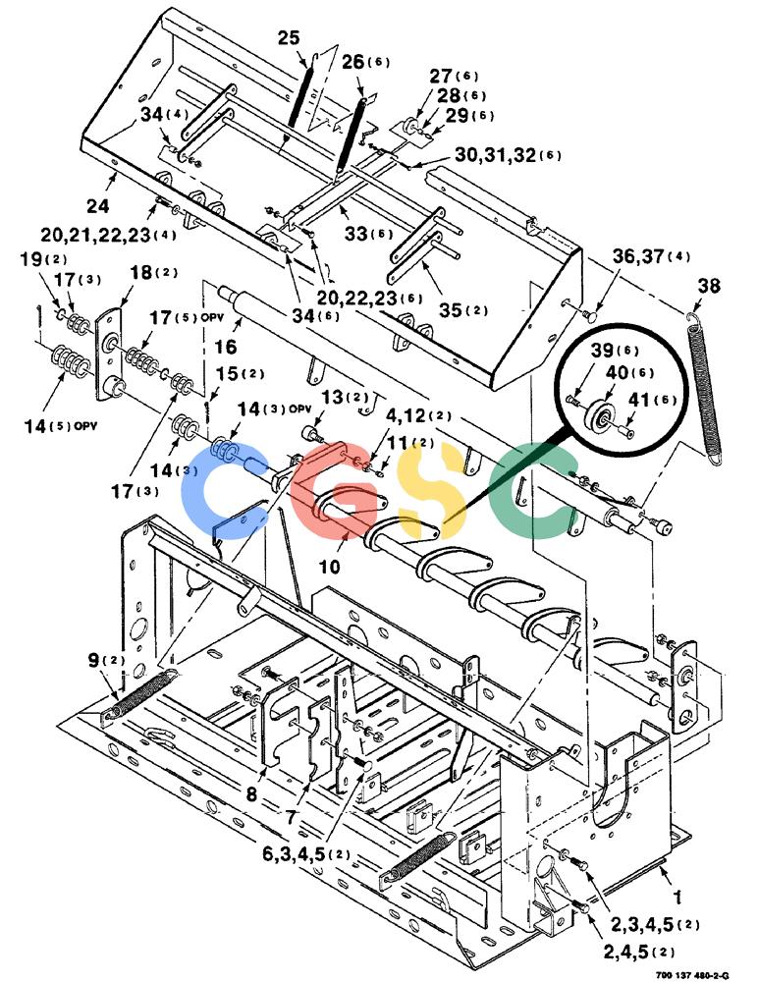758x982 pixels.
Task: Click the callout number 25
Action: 289,37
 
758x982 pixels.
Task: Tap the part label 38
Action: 710,286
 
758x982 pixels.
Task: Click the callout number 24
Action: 97,205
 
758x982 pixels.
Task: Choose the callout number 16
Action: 226,347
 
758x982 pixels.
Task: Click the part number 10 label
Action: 330,567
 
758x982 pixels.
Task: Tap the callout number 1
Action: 677,897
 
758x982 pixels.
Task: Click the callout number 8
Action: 251,794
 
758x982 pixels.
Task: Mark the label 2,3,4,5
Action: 642,924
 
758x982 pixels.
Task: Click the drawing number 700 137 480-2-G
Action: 693,975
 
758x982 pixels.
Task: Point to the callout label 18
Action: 141,272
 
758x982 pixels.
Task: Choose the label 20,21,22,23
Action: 96,235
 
